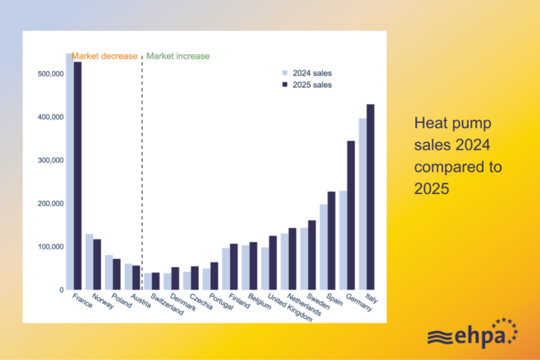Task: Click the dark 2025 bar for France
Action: (x=78, y=176)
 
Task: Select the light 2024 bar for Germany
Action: (x=343, y=240)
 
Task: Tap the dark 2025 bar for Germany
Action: (x=351, y=215)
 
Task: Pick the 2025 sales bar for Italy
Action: (x=371, y=197)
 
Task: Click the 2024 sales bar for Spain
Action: (x=323, y=247)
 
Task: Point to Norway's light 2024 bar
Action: (x=89, y=262)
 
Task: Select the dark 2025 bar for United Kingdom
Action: (x=273, y=263)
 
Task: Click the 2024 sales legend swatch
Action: (x=285, y=72)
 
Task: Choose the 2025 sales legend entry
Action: (x=307, y=85)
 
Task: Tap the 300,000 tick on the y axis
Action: (x=51, y=160)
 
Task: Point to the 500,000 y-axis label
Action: (x=51, y=74)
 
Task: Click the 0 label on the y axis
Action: (x=61, y=290)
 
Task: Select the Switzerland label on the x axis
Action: (x=167, y=304)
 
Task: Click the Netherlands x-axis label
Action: (x=304, y=305)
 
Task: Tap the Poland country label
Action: (x=122, y=301)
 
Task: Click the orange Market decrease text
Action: (x=104, y=56)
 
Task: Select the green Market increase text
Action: (x=178, y=56)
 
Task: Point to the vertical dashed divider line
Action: (x=142, y=172)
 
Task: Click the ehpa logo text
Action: (x=480, y=337)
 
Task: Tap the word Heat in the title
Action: (x=429, y=123)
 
